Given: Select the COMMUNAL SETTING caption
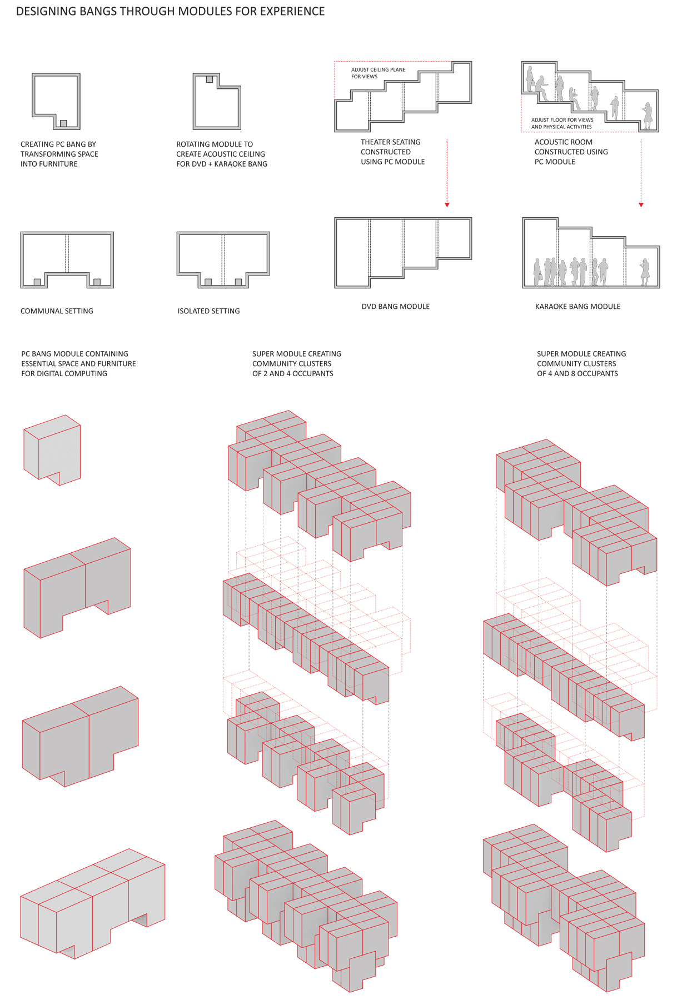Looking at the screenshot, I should [57, 311].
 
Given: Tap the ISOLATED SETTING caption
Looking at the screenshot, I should [208, 311].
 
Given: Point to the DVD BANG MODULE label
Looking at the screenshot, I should [395, 307].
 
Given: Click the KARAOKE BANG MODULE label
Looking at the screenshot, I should [578, 307].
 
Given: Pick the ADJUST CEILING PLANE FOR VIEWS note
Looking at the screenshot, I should [378, 73].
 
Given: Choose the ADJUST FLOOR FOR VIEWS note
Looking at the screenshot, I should [562, 123].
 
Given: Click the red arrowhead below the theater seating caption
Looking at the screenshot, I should [447, 205].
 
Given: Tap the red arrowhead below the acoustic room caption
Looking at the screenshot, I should [641, 205].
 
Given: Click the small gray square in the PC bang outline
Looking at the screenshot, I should [63, 123].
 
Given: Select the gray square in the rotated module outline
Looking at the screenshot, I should [210, 79].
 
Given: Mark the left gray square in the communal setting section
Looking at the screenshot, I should [37, 282].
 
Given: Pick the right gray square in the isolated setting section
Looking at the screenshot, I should [238, 282].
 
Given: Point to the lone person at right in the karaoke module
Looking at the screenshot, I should [645, 272].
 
